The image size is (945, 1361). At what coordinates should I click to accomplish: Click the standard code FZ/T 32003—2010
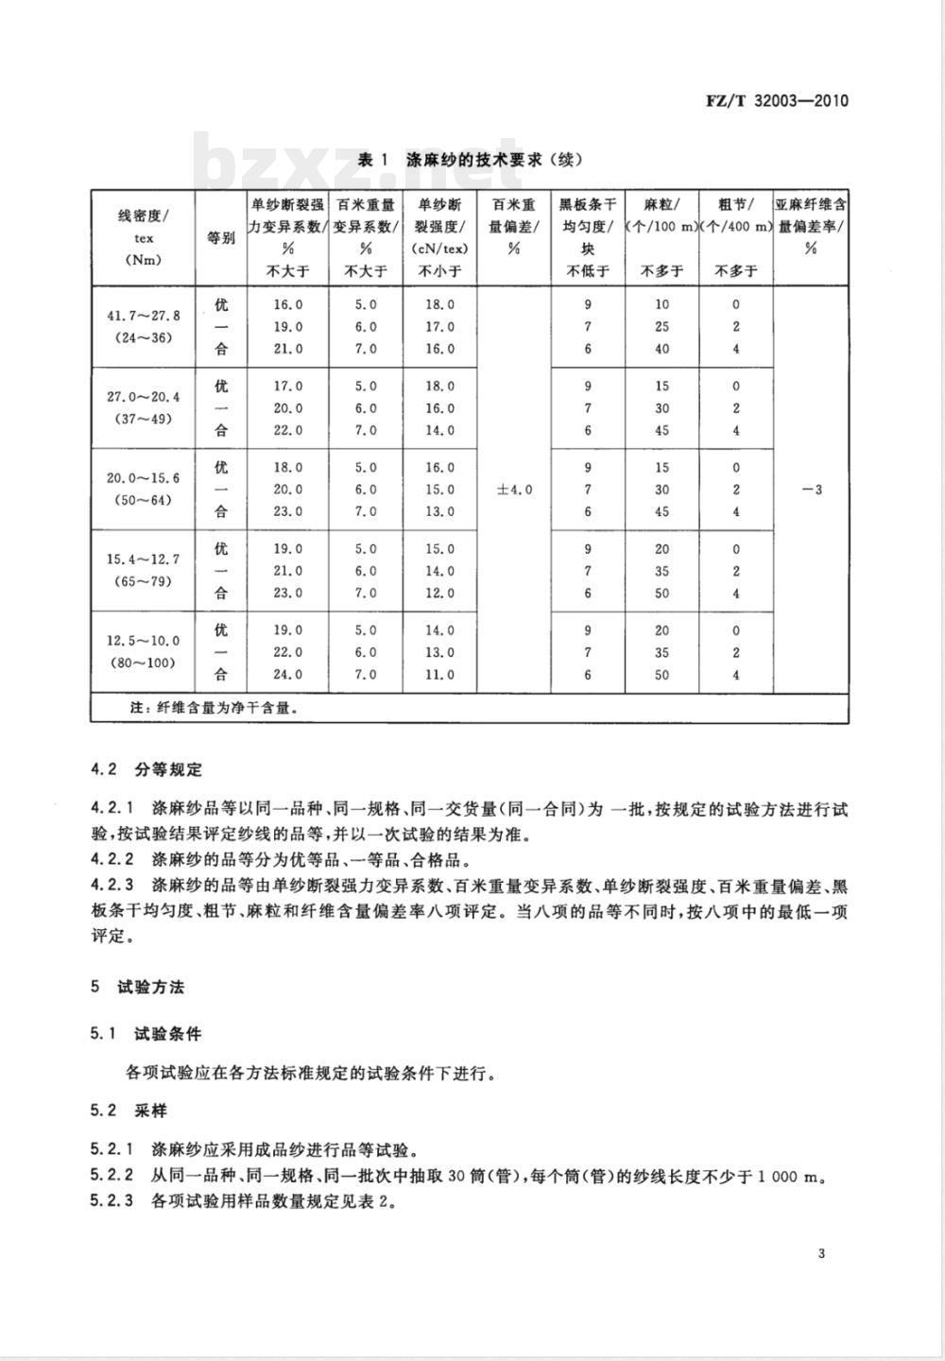point(777,100)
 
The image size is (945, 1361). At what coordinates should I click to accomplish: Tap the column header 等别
point(221,238)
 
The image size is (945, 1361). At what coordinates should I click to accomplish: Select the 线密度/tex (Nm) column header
point(143,238)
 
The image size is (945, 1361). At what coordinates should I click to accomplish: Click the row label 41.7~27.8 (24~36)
point(143,325)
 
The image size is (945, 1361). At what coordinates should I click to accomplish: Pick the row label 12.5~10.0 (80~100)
point(143,652)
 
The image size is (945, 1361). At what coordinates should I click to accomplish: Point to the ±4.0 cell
point(514,490)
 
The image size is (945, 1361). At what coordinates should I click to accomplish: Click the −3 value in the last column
point(810,490)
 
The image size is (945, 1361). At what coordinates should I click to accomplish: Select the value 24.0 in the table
point(288,675)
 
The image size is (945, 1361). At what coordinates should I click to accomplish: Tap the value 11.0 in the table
point(439,675)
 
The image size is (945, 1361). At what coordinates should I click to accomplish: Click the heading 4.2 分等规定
point(146,769)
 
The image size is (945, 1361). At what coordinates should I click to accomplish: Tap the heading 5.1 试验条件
point(146,1034)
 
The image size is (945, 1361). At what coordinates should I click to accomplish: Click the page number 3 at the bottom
point(821,1254)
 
